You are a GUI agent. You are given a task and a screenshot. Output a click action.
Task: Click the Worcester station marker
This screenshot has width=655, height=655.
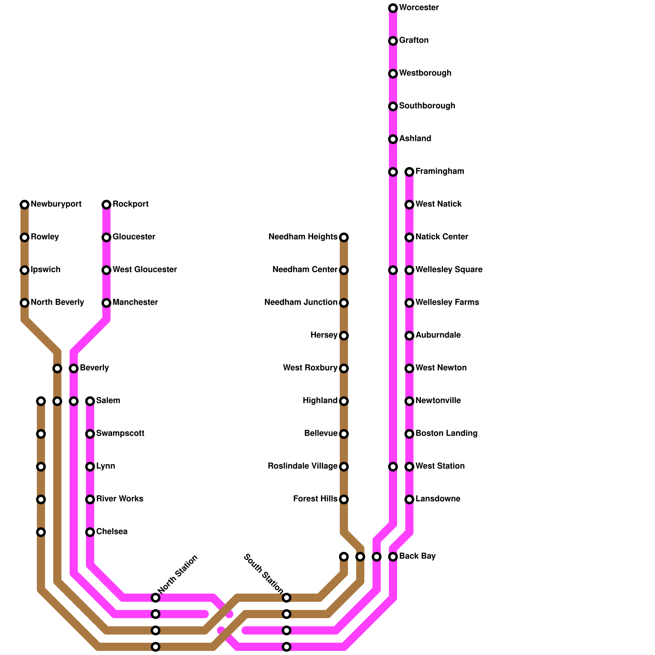(393, 8)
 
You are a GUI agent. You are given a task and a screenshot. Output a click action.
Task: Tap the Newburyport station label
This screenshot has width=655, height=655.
(56, 204)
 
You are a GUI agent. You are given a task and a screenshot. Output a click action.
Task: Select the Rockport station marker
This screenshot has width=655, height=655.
(106, 204)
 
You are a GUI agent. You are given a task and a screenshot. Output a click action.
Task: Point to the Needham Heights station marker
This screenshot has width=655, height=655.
(344, 237)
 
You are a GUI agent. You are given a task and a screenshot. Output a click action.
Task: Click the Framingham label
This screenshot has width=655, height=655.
(440, 172)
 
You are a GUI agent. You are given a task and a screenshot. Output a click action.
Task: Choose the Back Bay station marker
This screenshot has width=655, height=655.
(393, 557)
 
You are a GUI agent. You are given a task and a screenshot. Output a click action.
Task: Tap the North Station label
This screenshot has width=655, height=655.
(178, 574)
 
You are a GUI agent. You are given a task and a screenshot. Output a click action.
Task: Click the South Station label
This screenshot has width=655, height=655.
(263, 573)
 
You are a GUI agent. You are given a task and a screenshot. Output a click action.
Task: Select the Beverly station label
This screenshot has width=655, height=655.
(94, 368)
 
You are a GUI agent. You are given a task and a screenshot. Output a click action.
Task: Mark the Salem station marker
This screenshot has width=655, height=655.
(90, 401)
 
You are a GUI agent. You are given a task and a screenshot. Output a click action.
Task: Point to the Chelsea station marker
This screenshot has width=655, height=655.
(90, 532)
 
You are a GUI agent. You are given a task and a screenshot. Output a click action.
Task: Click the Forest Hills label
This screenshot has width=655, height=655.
(315, 499)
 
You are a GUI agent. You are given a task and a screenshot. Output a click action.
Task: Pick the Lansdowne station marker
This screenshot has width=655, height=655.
(409, 499)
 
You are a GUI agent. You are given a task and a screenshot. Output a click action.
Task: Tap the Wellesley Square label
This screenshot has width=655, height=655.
(449, 270)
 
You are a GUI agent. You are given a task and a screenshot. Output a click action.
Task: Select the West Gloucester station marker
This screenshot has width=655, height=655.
(106, 270)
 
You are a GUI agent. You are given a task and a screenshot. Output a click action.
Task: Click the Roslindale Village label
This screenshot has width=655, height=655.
(303, 466)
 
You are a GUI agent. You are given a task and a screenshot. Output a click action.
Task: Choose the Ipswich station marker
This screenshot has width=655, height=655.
(25, 270)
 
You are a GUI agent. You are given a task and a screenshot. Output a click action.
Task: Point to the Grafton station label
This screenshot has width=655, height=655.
(414, 41)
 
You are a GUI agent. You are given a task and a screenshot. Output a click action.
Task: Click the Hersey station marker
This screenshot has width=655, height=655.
(344, 336)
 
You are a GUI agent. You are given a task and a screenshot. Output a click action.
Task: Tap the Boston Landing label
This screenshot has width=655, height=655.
(446, 434)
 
